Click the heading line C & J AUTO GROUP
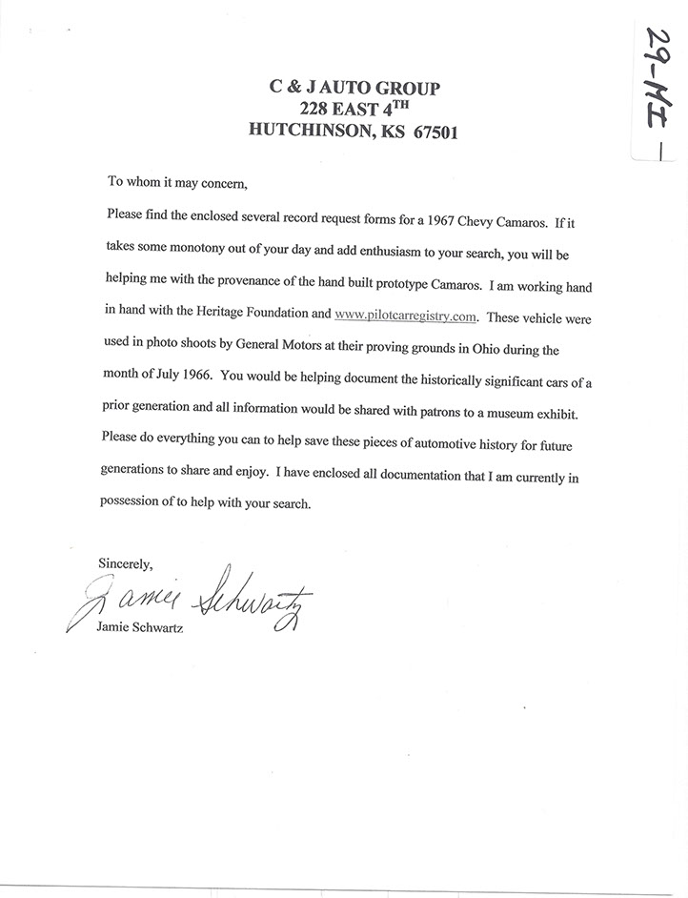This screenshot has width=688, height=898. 354,88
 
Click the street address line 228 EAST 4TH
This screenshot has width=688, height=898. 354,110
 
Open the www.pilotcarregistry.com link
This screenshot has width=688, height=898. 405,314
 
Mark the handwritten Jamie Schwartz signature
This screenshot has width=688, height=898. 191,601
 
